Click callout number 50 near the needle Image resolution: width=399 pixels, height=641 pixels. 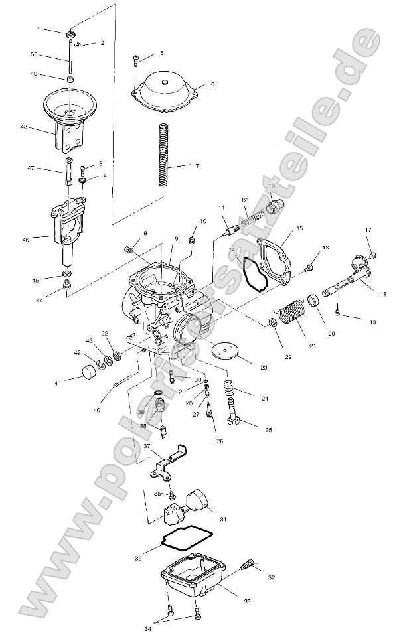(34, 54)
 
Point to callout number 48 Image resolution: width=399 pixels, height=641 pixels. (24, 126)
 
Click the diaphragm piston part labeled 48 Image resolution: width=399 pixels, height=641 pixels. (68, 116)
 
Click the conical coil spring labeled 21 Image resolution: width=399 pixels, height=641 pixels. (290, 313)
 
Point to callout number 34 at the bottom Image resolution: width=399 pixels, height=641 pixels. (147, 628)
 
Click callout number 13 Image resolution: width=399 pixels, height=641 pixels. (271, 186)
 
